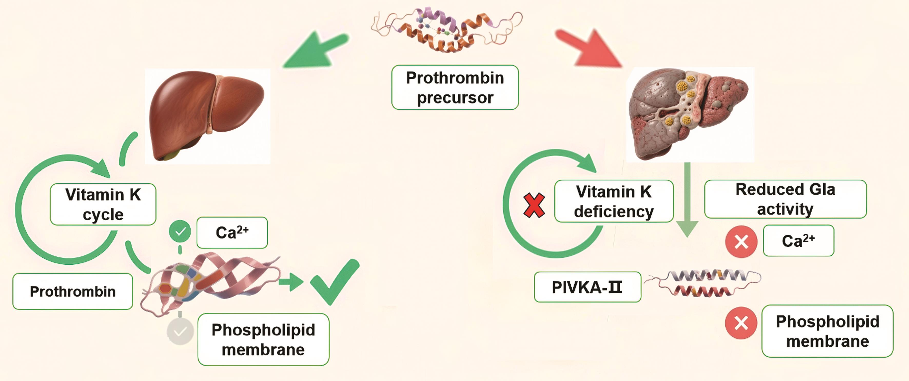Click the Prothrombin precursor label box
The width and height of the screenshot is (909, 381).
(x=455, y=87)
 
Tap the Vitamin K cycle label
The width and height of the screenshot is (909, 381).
(x=103, y=204)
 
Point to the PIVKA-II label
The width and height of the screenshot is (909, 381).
(x=587, y=287)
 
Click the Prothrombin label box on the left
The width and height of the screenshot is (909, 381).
(x=73, y=292)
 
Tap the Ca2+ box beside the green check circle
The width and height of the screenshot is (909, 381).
(x=232, y=233)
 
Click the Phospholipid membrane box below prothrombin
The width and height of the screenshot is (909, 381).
(x=263, y=339)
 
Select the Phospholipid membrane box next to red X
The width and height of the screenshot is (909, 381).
(x=827, y=331)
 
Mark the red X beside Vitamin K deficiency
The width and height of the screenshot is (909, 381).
(x=534, y=205)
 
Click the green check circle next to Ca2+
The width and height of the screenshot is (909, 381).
(x=180, y=232)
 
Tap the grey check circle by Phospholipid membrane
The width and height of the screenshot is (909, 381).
(x=180, y=331)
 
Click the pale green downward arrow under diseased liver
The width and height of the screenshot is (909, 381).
(x=687, y=201)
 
